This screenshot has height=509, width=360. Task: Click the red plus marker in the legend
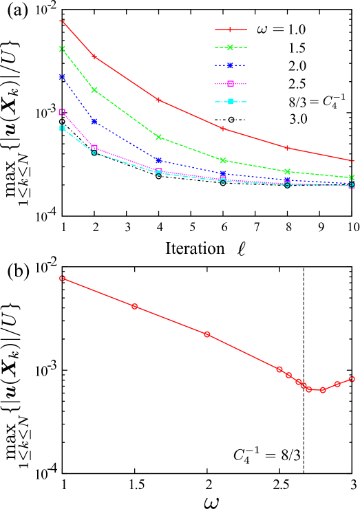231,30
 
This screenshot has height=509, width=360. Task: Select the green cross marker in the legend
231,47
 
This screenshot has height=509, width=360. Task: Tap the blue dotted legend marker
231,65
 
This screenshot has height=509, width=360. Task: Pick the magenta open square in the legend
231,84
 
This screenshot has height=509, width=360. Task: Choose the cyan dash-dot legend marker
231,102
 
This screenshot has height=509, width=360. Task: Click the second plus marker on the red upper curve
94,56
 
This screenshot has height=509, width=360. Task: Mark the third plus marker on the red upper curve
159,100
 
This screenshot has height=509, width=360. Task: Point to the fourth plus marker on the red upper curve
223,128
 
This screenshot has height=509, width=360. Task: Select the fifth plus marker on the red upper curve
287,148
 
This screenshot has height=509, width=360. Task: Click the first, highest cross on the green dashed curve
62,49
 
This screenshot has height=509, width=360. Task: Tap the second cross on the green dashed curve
94,90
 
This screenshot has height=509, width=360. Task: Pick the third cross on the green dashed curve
159,137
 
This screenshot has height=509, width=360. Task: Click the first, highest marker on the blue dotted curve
62,76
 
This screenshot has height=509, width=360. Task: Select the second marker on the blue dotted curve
94,121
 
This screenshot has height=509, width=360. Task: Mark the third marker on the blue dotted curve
159,160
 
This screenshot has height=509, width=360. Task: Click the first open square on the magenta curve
62,111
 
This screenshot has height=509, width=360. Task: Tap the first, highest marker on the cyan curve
62,128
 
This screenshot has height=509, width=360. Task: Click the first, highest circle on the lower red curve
62,279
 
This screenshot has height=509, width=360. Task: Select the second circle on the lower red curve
134,306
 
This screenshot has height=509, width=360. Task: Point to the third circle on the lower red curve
207,334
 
